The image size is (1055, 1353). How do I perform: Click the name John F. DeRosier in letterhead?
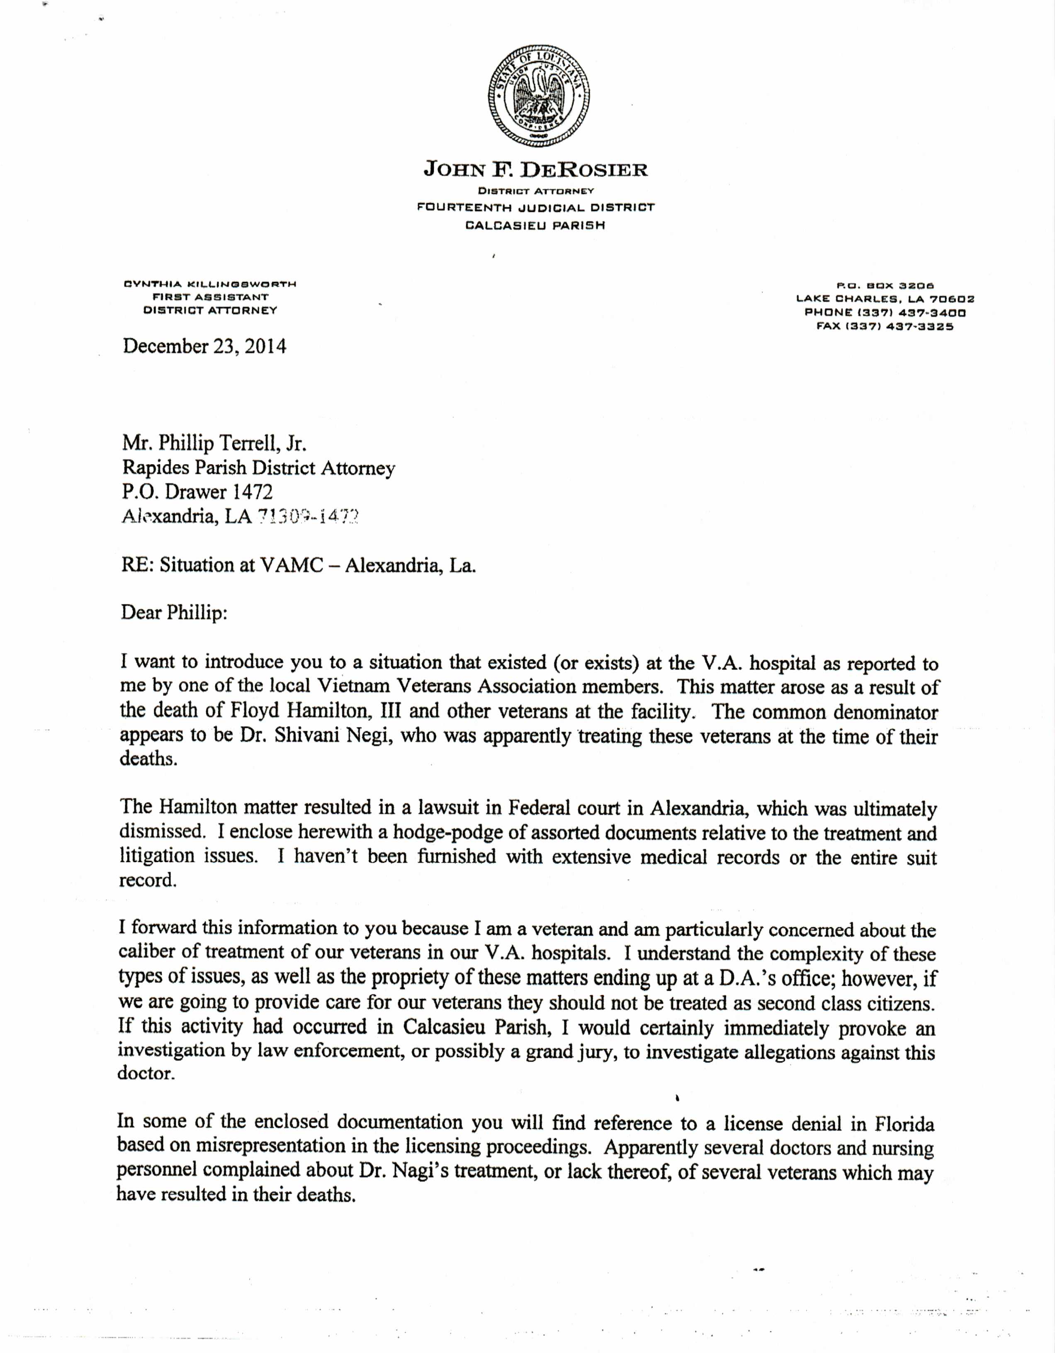[x=535, y=170]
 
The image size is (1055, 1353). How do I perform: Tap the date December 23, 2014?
[x=204, y=346]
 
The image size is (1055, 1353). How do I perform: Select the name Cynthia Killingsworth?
[x=210, y=284]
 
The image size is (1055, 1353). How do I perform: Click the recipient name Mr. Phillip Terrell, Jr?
[x=214, y=444]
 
